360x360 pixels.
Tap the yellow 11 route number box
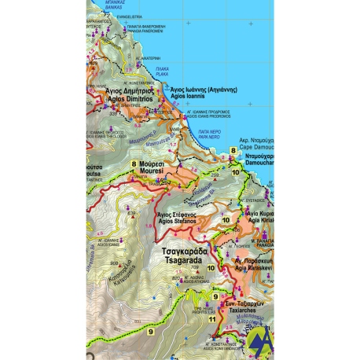[x=211, y=320]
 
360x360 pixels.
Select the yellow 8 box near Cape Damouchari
[x=233, y=150]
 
